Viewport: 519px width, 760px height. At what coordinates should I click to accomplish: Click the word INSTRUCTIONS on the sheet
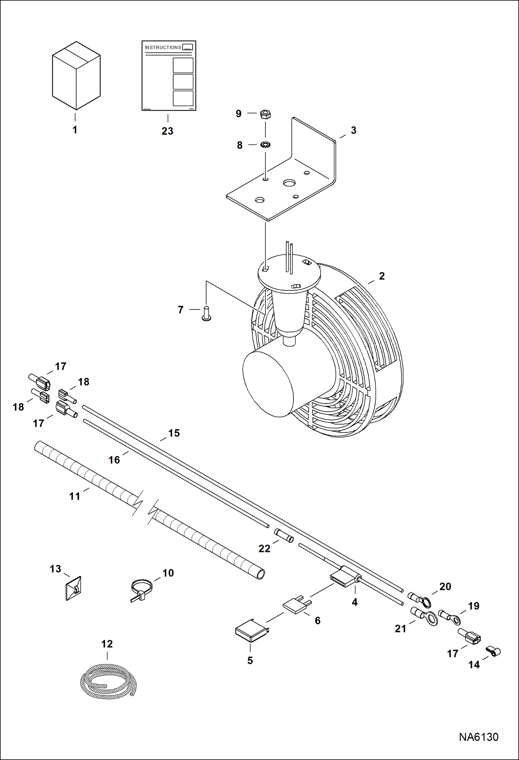(x=163, y=47)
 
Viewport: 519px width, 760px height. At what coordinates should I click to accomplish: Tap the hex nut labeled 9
(x=265, y=114)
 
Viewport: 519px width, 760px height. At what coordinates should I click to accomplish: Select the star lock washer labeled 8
(x=265, y=145)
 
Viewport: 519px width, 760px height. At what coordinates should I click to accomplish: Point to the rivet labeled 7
(x=206, y=313)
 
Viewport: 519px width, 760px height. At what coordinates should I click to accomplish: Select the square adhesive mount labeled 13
(x=73, y=588)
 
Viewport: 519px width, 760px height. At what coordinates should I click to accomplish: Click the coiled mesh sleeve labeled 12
(x=108, y=682)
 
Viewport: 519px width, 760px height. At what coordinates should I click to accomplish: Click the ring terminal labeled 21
(x=425, y=616)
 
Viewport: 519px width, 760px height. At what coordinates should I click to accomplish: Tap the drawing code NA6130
(x=478, y=737)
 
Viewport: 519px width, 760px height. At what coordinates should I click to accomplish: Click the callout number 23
(x=167, y=131)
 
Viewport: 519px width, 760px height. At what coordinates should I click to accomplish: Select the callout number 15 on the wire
(x=174, y=433)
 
